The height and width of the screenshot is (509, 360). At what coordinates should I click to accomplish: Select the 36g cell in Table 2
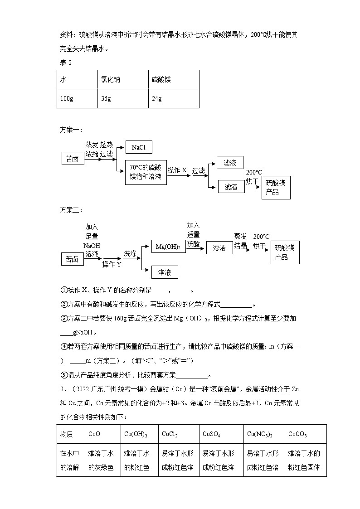click(122, 98)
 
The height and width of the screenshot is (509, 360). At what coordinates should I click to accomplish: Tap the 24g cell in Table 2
click(174, 98)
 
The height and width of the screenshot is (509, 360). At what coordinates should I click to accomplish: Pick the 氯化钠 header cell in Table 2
click(122, 79)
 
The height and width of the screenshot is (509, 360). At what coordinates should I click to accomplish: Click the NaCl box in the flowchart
click(138, 147)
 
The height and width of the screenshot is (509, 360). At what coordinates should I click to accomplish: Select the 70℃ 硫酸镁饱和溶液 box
click(146, 172)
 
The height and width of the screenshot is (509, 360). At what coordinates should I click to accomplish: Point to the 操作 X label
click(177, 170)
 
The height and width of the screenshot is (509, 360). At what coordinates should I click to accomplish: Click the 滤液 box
click(230, 163)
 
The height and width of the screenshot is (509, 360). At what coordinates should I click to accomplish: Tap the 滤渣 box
click(231, 186)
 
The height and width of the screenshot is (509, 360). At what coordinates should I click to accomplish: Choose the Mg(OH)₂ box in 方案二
click(168, 247)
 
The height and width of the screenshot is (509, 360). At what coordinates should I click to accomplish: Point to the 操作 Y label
click(112, 264)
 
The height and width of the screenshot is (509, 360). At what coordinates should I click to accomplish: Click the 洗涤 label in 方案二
click(130, 254)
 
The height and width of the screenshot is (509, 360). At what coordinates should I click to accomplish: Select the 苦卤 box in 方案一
click(72, 159)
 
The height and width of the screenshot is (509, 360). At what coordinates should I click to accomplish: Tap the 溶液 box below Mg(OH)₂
click(164, 272)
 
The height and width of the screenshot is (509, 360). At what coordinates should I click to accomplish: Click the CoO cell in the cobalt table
click(102, 434)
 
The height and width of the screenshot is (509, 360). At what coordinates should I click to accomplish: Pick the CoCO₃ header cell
click(305, 434)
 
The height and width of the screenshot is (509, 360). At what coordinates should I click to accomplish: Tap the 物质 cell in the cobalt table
click(71, 434)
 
